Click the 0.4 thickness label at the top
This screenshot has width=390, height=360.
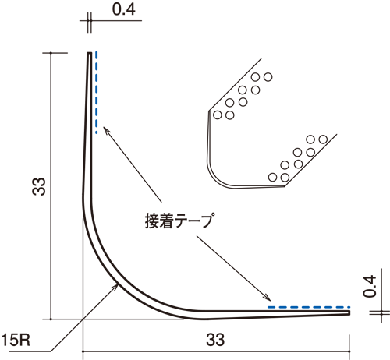click(124, 10)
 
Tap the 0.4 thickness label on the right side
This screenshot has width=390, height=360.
click(370, 286)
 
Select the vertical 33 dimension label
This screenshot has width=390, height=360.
click(39, 186)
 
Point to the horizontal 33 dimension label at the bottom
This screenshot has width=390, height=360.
click(215, 340)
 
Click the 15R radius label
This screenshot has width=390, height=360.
click(16, 340)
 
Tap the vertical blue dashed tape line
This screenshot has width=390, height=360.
click(97, 92)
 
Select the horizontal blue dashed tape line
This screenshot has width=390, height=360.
click(309, 307)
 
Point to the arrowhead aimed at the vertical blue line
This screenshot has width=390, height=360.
click(106, 129)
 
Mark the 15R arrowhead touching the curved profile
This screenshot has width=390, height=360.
click(115, 287)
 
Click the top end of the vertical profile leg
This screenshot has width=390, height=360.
click(89, 53)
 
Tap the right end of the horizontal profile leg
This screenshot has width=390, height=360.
click(349, 312)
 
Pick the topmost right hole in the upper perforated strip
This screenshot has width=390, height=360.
click(268, 77)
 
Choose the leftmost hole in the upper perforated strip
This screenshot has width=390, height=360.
click(218, 115)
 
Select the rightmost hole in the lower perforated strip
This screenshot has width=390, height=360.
click(323, 139)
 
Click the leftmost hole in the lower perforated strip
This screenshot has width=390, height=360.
click(272, 177)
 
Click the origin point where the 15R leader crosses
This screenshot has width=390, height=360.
click(83, 319)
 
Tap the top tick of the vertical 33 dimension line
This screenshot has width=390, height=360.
click(51, 53)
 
